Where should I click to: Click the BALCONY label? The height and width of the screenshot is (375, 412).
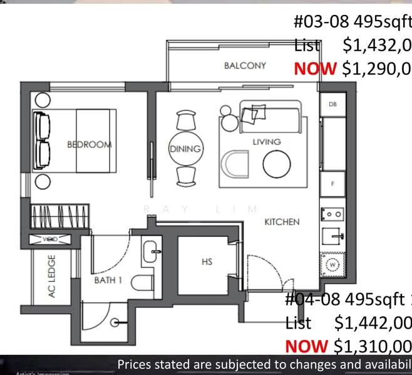point(245,66)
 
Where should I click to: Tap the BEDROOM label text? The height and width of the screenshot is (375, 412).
point(89,144)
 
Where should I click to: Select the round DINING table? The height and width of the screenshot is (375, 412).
point(185,149)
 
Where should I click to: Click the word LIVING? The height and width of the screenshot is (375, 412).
point(266,142)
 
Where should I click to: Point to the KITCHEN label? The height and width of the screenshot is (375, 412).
point(281,222)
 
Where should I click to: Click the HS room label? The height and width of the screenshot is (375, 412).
point(207,262)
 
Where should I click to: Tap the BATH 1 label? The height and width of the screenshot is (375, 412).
point(108,280)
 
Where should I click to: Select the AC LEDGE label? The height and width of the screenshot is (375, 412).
point(52,276)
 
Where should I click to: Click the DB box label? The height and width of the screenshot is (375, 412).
point(332,104)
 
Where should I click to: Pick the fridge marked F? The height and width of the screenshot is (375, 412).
point(332,184)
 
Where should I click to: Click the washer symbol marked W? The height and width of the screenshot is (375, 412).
point(332,264)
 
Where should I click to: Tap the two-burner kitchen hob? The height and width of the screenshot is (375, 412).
point(332,214)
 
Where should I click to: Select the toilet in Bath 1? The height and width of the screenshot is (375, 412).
point(143,282)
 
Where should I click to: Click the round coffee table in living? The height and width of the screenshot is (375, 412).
point(276,164)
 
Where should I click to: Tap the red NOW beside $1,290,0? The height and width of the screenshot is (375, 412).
point(315,68)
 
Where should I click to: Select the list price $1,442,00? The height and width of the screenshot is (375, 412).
point(373,322)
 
